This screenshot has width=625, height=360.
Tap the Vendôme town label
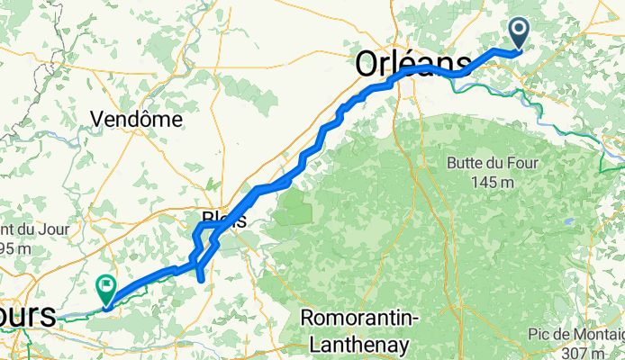pyautogui.click(x=138, y=119)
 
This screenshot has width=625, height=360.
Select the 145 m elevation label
pyautogui.click(x=494, y=183)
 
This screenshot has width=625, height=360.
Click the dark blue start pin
pyautogui.click(x=521, y=33)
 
